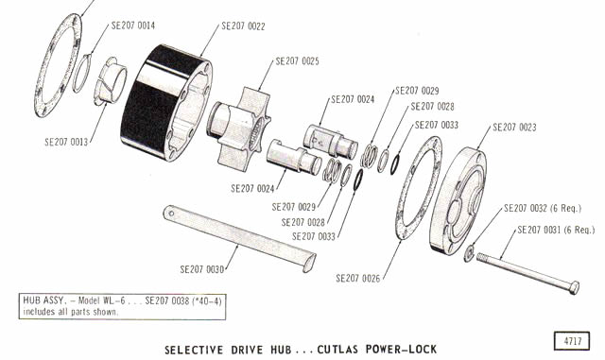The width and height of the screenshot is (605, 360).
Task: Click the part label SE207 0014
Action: click(x=133, y=26)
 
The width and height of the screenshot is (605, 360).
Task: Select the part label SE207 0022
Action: click(x=243, y=26)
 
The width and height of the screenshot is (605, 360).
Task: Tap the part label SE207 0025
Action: click(x=297, y=61)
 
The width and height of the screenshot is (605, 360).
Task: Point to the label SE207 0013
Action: click(x=66, y=142)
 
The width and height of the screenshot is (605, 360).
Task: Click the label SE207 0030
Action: click(x=201, y=269)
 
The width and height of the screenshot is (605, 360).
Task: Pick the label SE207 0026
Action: click(x=357, y=278)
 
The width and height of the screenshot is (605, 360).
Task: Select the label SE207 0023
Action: click(x=514, y=128)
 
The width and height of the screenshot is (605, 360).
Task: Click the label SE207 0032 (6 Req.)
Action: click(x=542, y=209)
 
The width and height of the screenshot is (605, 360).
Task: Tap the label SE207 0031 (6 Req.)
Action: click(x=556, y=230)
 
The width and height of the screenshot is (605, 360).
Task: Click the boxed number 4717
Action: click(x=572, y=341)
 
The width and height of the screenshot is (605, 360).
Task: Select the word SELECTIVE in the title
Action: click(x=194, y=350)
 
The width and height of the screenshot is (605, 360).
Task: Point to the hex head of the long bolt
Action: click(x=574, y=287)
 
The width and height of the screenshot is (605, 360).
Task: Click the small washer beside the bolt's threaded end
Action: click(x=469, y=252)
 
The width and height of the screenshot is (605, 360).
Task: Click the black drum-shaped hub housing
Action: click(x=166, y=103)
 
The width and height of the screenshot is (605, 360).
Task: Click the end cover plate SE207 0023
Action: click(x=458, y=201)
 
